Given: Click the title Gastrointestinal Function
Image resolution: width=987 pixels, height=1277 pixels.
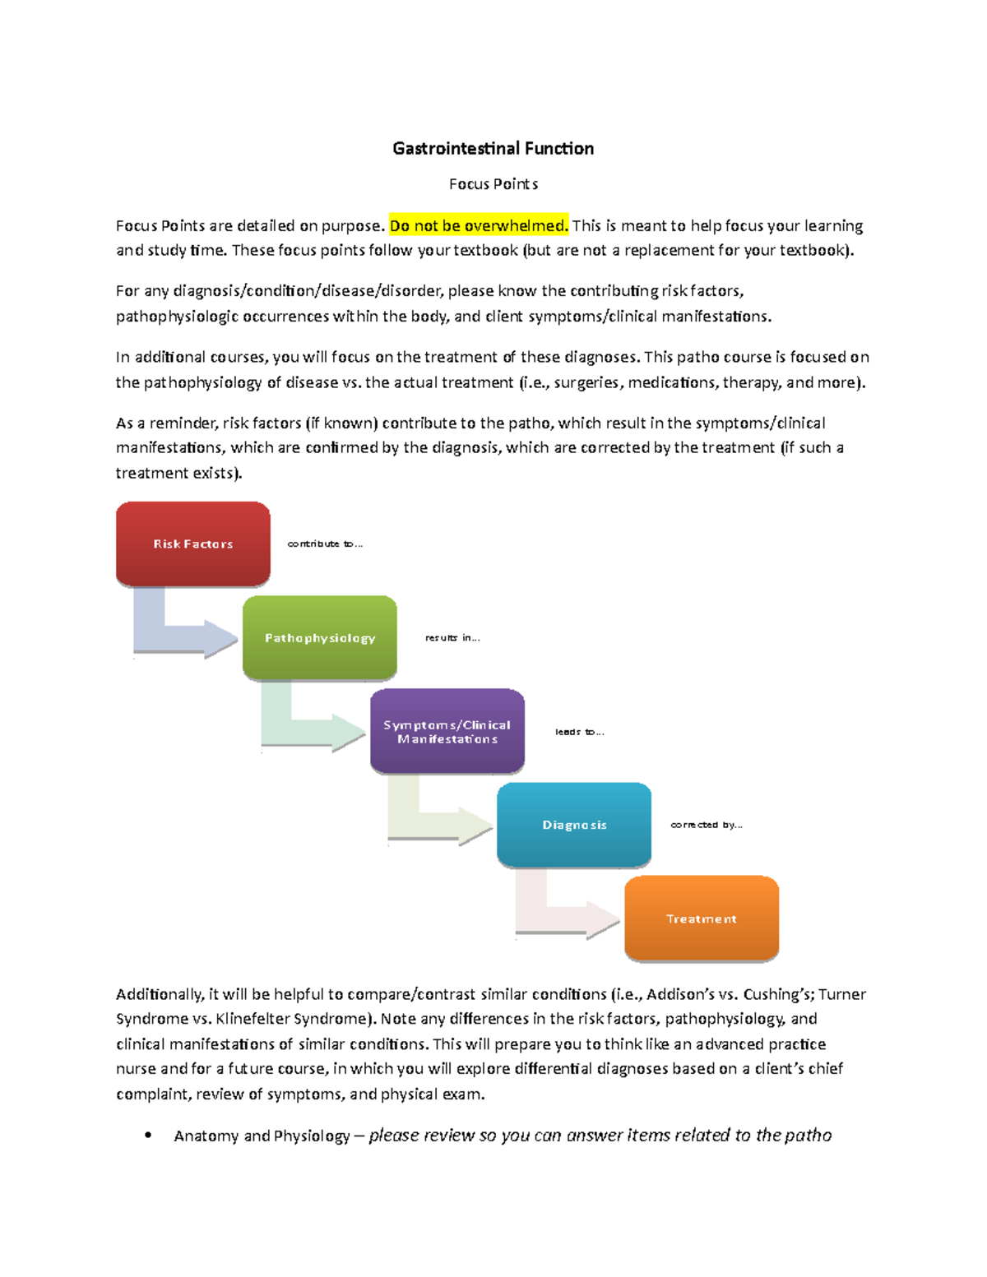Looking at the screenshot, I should (x=493, y=149).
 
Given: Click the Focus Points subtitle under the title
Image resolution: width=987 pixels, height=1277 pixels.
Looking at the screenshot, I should (x=493, y=184).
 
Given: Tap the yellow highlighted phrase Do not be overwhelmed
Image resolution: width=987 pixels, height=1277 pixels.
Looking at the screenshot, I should (x=479, y=226).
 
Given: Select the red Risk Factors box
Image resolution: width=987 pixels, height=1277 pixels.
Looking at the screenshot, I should (x=193, y=544).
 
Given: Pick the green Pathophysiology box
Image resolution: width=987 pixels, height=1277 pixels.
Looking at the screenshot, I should (x=320, y=637).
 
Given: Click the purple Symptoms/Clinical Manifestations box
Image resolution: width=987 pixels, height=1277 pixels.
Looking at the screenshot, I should (x=447, y=731).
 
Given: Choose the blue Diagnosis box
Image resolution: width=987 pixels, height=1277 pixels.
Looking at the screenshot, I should (x=574, y=825).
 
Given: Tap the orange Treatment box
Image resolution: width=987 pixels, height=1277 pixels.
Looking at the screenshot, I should (x=702, y=918).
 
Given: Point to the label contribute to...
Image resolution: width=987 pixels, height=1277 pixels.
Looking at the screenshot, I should (x=325, y=544).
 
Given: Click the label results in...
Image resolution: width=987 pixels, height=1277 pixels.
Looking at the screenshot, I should (x=452, y=637).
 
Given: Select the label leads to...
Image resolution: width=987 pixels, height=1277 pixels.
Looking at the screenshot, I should (x=579, y=732).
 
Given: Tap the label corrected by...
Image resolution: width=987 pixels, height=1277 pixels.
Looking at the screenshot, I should (x=707, y=825).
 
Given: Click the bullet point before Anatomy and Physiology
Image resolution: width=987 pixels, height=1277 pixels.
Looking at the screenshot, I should (x=148, y=1136).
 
